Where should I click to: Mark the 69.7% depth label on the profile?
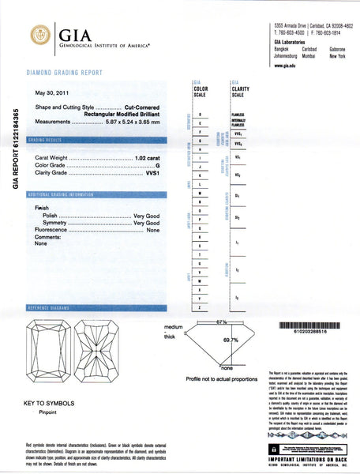231,339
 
